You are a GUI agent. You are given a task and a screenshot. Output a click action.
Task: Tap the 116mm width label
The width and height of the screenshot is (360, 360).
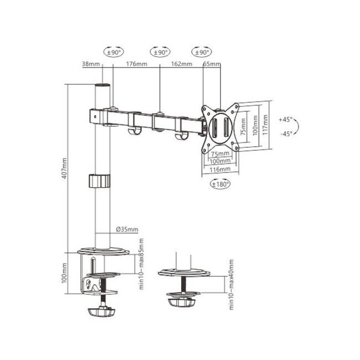220,168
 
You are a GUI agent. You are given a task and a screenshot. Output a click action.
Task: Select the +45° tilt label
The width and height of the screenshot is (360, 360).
286,119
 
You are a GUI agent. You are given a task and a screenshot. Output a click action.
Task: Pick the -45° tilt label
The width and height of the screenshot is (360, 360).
286,133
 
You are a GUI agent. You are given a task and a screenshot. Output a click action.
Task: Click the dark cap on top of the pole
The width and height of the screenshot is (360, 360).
102,88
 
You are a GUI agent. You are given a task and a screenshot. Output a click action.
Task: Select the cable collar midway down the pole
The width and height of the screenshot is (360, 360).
99,181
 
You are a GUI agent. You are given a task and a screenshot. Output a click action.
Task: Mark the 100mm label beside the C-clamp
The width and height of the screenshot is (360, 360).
64,271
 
